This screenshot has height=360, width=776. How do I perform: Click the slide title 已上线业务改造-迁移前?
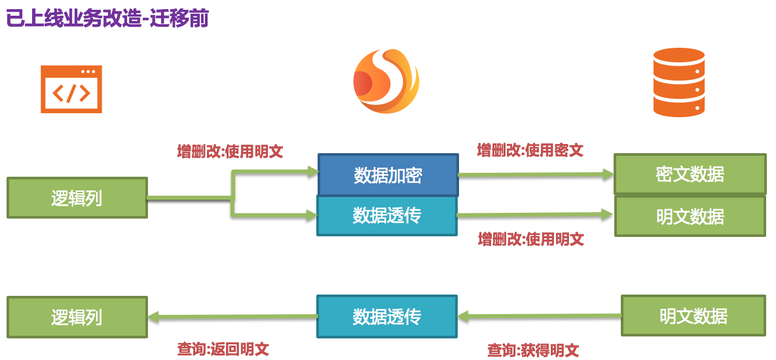click(107, 18)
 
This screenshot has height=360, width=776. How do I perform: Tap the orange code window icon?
click(71, 89)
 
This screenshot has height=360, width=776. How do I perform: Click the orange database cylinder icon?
click(678, 82)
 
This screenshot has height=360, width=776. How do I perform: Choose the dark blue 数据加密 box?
click(388, 175)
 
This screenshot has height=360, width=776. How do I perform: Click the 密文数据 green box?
click(690, 174)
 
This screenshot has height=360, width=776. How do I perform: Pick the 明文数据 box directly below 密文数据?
click(690, 217)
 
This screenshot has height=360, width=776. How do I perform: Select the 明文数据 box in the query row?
click(693, 316)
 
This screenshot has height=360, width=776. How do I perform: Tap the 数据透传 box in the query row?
click(386, 316)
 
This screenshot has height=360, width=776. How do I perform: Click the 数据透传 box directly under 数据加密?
click(386, 215)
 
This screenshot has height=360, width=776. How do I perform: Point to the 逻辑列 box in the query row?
click(77, 317)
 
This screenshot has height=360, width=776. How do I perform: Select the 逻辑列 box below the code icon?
click(77, 198)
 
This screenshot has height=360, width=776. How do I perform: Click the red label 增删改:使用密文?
click(530, 151)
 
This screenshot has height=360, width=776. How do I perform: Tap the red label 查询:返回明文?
click(223, 349)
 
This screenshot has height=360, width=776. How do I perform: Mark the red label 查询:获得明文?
click(532, 350)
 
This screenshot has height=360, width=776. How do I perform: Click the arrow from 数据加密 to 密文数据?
click(536, 175)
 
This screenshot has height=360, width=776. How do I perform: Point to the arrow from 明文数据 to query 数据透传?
click(539, 317)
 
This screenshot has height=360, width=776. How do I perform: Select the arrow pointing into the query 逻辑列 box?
click(232, 317)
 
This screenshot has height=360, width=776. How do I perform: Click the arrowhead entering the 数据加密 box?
click(312, 172)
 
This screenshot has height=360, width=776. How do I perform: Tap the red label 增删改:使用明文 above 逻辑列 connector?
click(230, 152)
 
